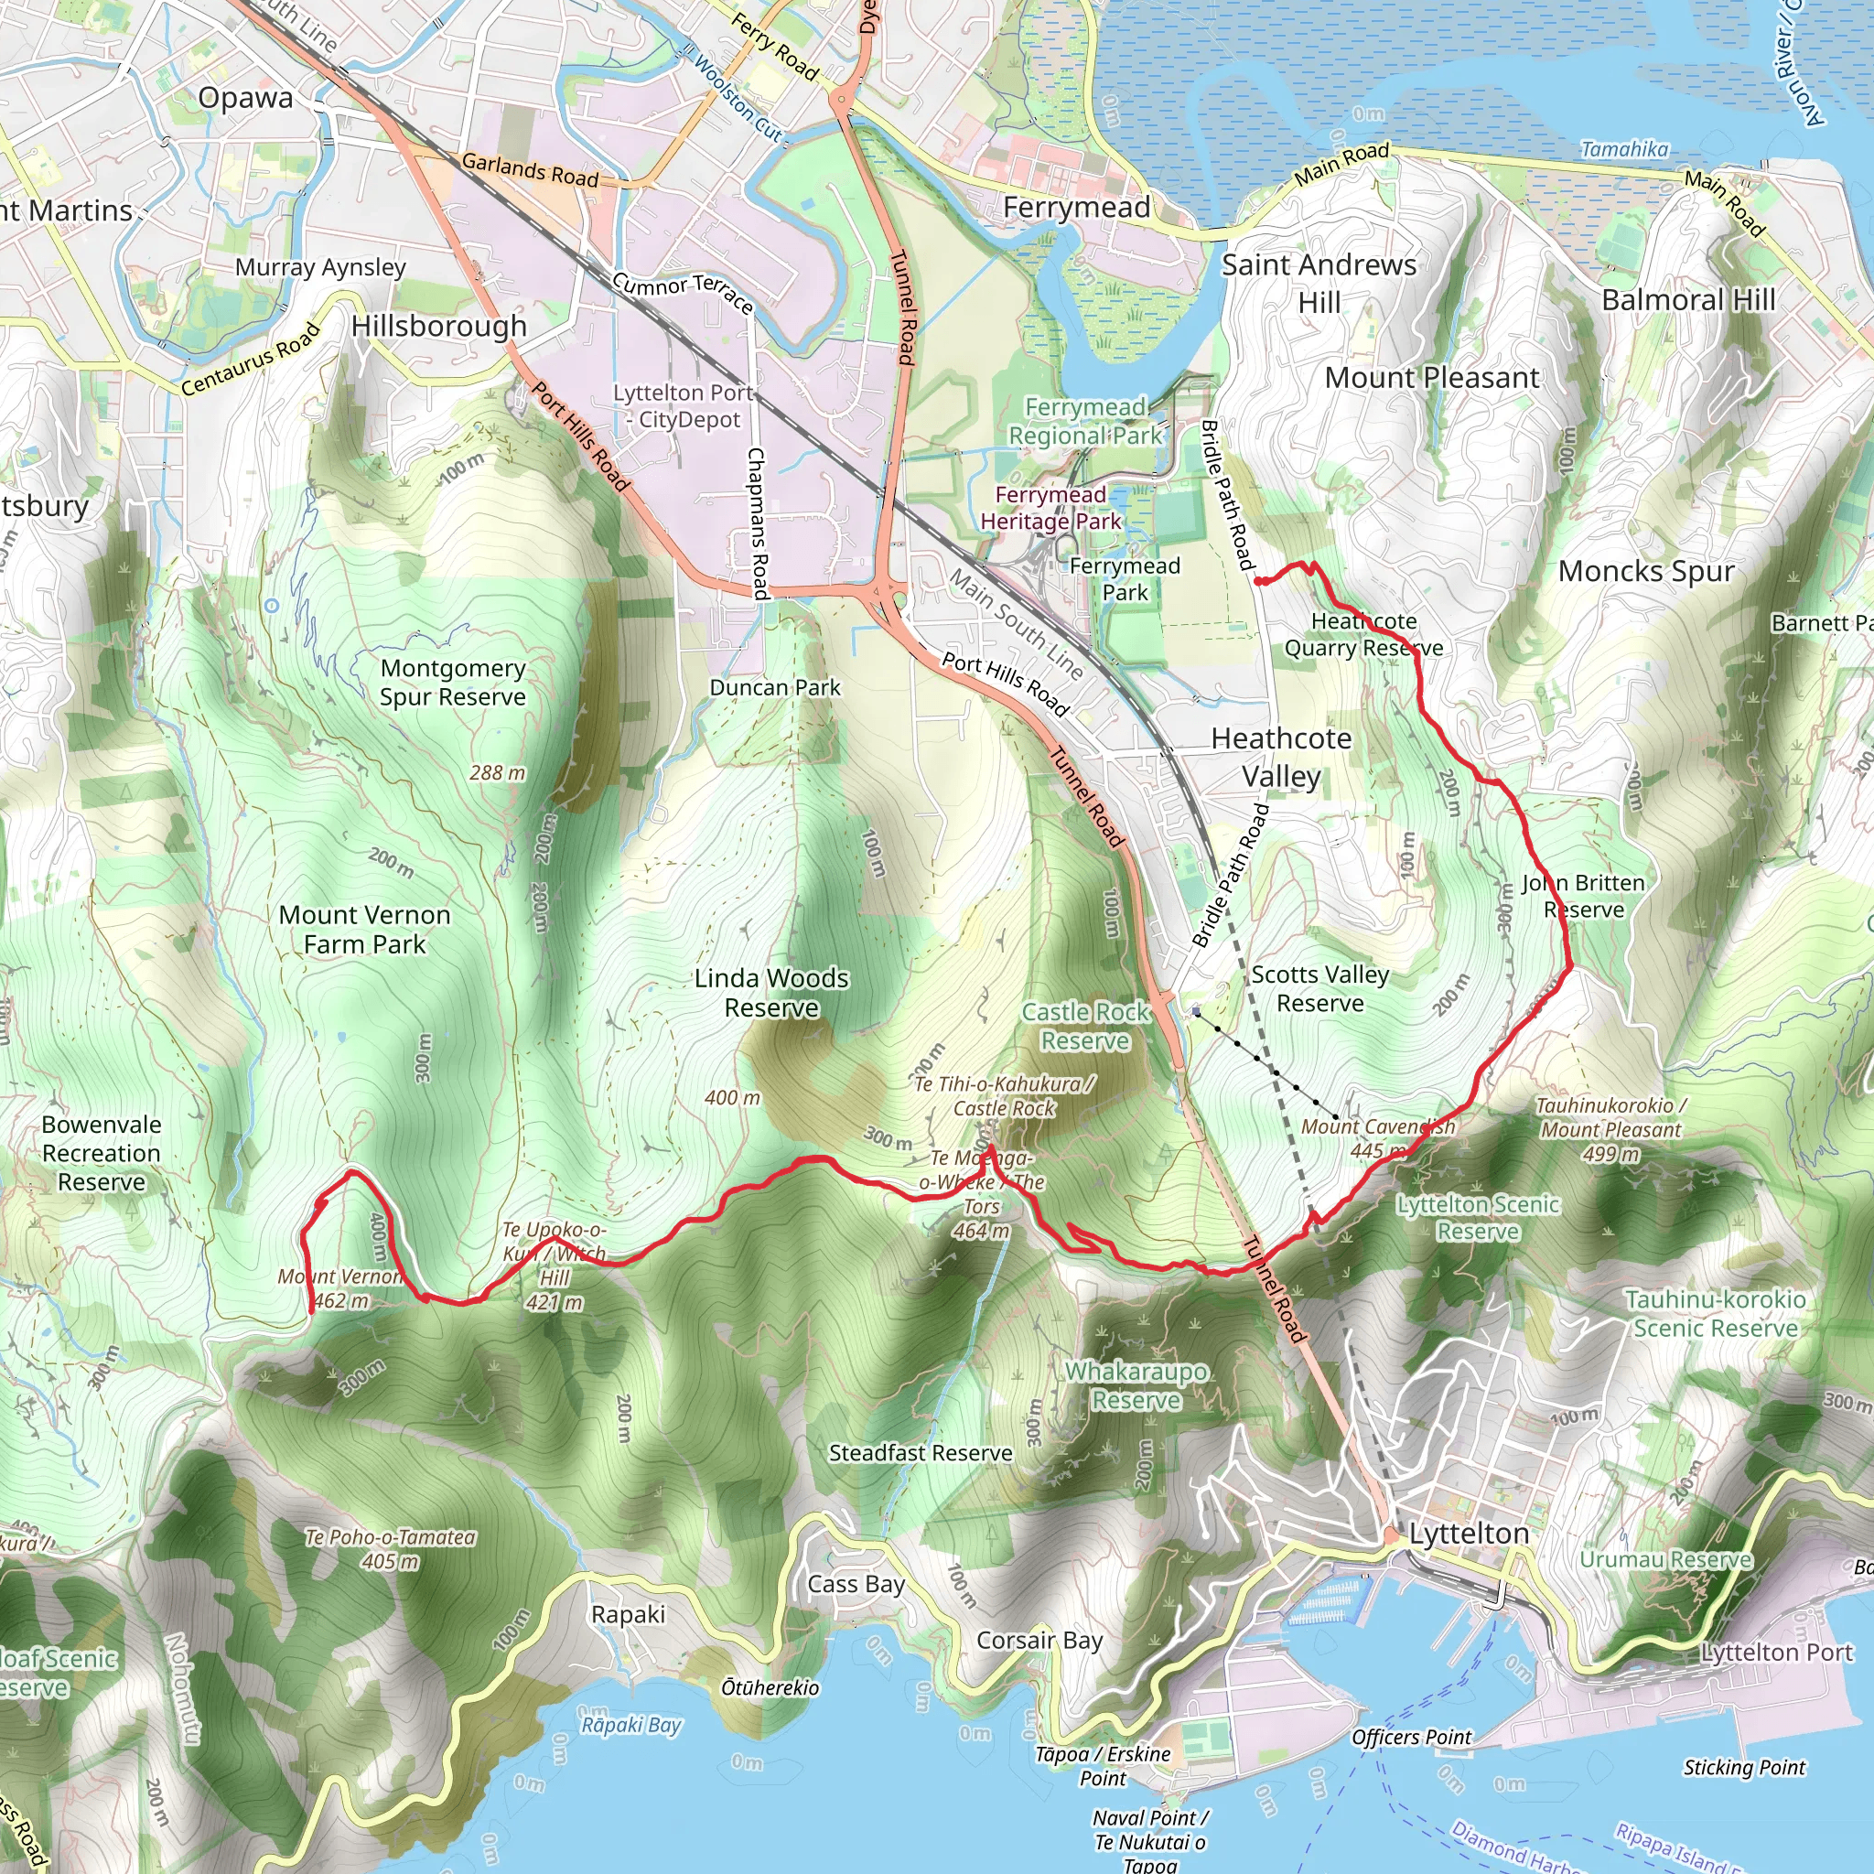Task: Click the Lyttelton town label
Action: (1469, 1534)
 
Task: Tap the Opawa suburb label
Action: (245, 98)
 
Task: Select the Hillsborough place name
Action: (438, 326)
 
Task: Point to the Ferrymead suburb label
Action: (1077, 208)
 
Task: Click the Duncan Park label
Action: (775, 688)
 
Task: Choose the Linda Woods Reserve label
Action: (771, 992)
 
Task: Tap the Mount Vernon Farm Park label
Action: (365, 930)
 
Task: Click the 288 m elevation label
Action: (498, 773)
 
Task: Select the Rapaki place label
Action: (628, 1614)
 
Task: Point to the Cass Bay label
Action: (856, 1584)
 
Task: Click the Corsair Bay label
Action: (1039, 1641)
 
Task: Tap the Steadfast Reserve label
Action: (921, 1453)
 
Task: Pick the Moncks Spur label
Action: (1646, 571)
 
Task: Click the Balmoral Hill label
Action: (1687, 301)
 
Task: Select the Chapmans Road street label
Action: (757, 522)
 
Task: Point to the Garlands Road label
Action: (530, 170)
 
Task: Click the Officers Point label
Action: (1411, 1738)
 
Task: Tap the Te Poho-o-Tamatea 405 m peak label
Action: (390, 1549)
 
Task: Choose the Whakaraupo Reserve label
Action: (1136, 1386)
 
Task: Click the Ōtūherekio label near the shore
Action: (770, 1687)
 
